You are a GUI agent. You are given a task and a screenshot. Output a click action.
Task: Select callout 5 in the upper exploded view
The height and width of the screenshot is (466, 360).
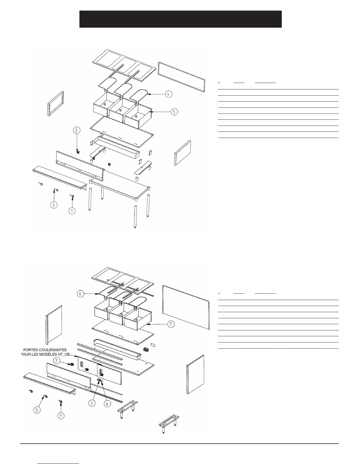pyautogui.click(x=174, y=112)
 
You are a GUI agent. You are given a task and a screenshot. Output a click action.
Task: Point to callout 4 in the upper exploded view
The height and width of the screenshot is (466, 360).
pyautogui.click(x=168, y=94)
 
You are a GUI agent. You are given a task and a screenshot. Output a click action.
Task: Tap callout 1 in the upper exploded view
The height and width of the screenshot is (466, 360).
pyautogui.click(x=72, y=211)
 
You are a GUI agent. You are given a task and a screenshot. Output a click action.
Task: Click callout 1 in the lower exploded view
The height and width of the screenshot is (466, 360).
pyautogui.click(x=61, y=416)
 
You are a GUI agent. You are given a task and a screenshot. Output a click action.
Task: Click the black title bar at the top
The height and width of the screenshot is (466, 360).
pyautogui.click(x=180, y=19)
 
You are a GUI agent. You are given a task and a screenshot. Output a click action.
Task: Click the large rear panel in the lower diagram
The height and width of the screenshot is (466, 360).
pyautogui.click(x=186, y=307)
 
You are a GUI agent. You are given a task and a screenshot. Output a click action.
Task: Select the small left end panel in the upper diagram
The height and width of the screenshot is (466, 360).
pyautogui.click(x=56, y=104)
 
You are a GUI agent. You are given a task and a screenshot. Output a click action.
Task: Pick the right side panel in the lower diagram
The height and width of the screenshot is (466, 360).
pyautogui.click(x=195, y=374)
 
